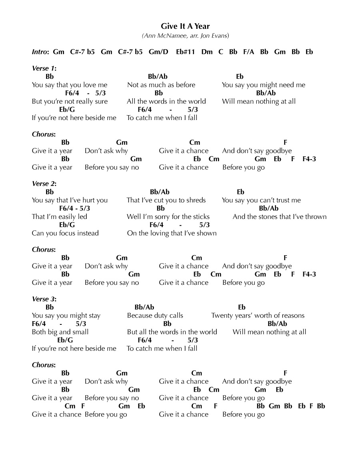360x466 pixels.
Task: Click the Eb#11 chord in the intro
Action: [185, 52]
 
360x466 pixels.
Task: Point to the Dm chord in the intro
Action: [207, 52]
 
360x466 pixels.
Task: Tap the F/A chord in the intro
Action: [248, 52]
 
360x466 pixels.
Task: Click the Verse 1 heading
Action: [44, 68]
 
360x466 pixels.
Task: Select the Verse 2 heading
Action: [44, 184]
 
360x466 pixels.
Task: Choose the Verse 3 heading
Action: [44, 299]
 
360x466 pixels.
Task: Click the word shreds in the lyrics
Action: [196, 200]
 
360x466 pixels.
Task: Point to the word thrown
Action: [316, 217]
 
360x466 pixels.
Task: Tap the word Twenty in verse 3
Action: [221, 316]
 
